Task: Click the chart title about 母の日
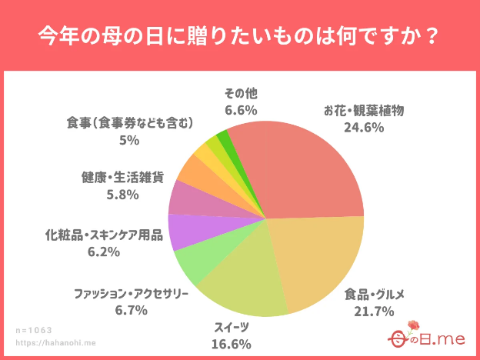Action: (239, 36)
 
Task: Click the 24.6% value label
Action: (363, 128)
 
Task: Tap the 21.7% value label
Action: (375, 311)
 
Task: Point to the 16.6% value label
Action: (232, 343)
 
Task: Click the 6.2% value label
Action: (104, 251)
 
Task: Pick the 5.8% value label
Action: (122, 195)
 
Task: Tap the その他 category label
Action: (240, 94)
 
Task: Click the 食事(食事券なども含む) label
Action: (128, 123)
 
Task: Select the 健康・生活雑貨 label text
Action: (122, 178)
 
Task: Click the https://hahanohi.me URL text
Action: (56, 343)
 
